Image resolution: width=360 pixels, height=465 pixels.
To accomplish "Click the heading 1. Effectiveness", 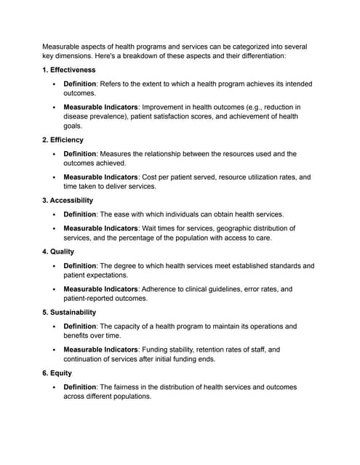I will tap(68, 70).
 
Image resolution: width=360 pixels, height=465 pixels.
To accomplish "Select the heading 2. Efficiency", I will tap(63, 139).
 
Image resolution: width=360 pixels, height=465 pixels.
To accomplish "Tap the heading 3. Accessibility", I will tap(68, 200).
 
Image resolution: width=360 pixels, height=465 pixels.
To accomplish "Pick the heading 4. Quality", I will tap(58, 251).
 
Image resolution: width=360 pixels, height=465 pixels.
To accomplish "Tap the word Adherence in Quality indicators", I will tap(159, 289).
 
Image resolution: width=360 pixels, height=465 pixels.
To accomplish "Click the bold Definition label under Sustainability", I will tap(80, 326).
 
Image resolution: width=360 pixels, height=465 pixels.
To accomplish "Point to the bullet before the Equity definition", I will tap(54, 387).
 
